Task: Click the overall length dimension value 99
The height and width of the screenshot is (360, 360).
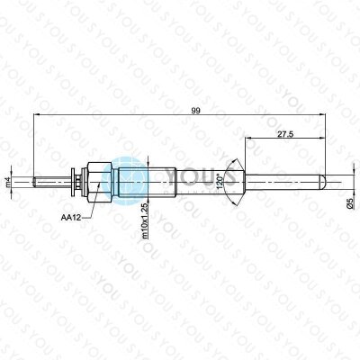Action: click(195, 111)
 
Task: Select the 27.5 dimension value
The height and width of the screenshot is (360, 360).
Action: click(285, 134)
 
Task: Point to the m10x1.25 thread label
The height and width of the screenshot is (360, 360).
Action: click(145, 220)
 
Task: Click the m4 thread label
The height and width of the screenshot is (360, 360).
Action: click(8, 182)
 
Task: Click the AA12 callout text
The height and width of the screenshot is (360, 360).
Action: click(71, 218)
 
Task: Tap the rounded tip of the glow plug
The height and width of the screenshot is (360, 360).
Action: click(323, 182)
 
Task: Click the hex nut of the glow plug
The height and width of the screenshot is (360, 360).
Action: click(100, 182)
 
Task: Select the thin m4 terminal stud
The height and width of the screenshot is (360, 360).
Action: click(52, 182)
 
